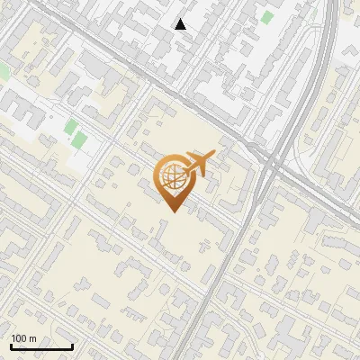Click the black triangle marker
click(181, 24)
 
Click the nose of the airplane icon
click(212, 154)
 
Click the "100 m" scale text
click(23, 338)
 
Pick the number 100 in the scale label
click(19, 338)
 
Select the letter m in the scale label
click(32, 338)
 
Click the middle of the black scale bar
click(41, 346)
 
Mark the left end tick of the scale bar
click(11, 346)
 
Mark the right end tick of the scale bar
click(72, 346)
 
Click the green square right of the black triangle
click(266, 17)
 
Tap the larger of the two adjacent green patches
click(79, 140)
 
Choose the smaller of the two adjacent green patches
click(70, 127)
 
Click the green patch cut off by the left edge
click(4, 70)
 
